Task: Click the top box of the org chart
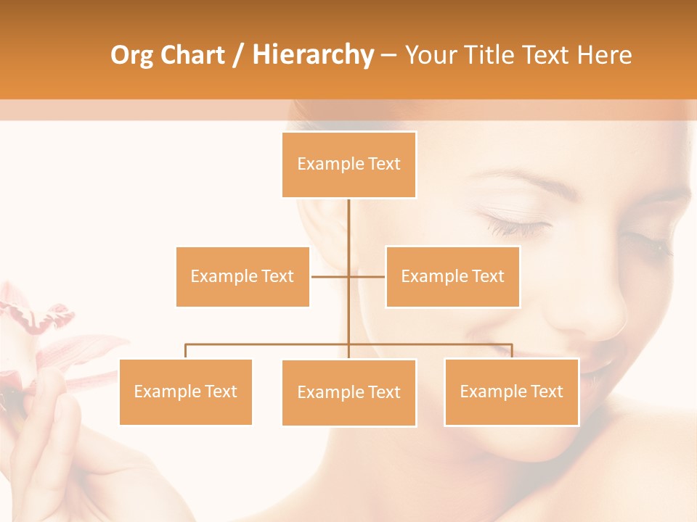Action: tap(348, 165)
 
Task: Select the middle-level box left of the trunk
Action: tap(242, 276)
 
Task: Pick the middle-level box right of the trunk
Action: tap(452, 276)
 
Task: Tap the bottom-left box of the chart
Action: tap(185, 391)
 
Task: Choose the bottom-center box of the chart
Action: tap(348, 392)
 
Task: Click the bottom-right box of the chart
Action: tap(511, 391)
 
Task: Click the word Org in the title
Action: tap(131, 55)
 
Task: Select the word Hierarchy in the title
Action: tap(313, 55)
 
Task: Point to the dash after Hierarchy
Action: tap(388, 55)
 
